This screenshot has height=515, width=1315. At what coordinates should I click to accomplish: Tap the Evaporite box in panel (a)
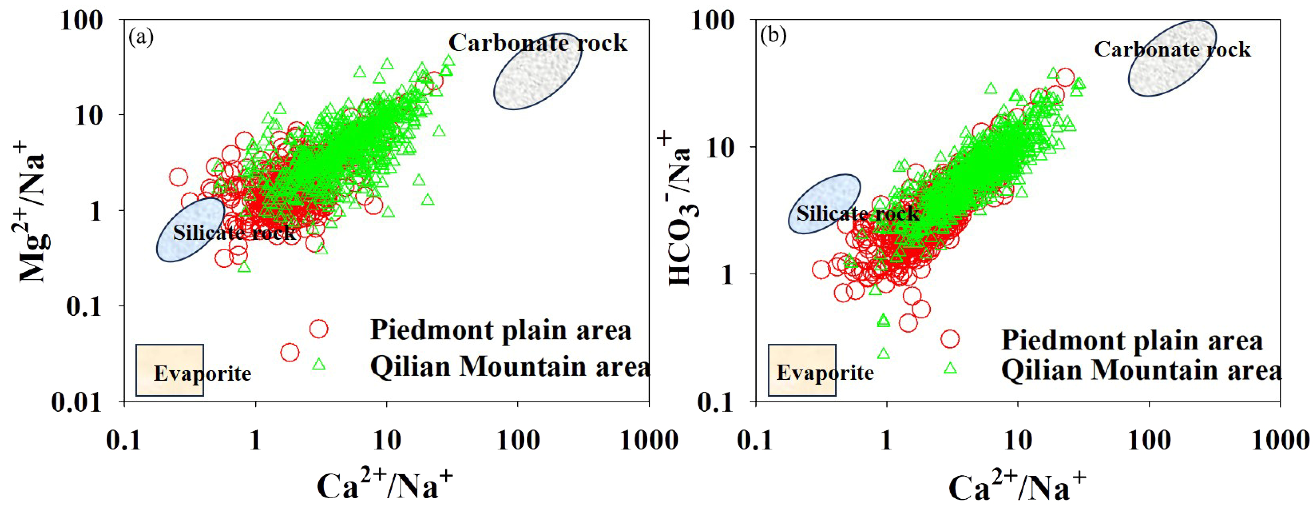tap(170, 370)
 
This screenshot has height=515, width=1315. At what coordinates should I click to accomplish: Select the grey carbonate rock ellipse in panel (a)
tap(538, 71)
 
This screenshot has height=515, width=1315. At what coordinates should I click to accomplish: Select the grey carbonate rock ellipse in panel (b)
tap(1171, 58)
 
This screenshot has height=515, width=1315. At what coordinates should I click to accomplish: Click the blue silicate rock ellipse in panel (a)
tap(190, 230)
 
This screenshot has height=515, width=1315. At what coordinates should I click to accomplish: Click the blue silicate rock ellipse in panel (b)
tap(824, 203)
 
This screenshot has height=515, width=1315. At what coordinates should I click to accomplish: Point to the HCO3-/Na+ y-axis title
tap(679, 209)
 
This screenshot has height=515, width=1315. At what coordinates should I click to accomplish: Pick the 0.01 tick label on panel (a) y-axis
tap(77, 402)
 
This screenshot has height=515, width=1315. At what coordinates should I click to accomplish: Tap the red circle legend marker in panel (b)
tap(950, 339)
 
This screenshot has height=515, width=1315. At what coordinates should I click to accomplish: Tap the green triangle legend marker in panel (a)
tap(319, 364)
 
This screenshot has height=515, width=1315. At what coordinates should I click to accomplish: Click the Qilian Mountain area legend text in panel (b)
tap(1141, 370)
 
